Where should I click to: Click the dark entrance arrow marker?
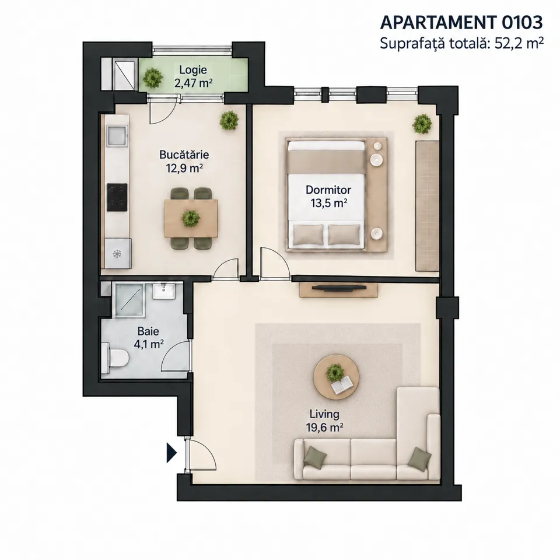(171, 453)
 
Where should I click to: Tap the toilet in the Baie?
(115, 358)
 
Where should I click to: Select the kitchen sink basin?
(117, 136)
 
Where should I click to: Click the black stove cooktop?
(117, 197)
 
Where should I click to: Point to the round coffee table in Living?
(337, 377)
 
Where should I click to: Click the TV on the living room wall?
(338, 287)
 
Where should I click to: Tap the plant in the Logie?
(153, 77)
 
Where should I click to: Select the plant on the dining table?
(191, 218)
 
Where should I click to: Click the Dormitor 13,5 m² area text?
(329, 203)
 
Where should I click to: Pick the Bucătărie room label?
(184, 155)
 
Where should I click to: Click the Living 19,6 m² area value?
(325, 427)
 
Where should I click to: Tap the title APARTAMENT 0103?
(461, 23)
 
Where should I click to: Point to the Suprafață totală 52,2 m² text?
(462, 43)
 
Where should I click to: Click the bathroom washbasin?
(164, 290)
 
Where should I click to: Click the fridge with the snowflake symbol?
(118, 254)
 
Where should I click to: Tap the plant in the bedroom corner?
(422, 124)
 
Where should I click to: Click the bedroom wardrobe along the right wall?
(427, 206)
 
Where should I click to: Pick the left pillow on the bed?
(308, 235)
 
